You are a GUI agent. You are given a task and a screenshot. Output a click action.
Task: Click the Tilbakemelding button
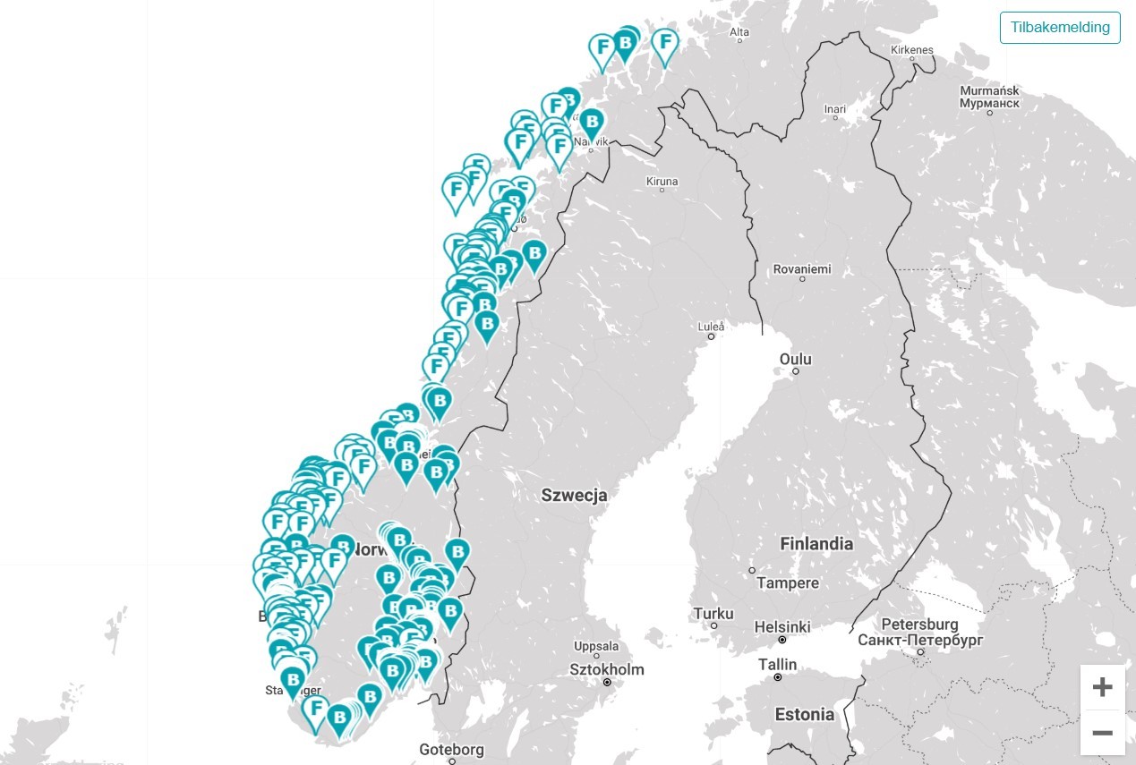1060,27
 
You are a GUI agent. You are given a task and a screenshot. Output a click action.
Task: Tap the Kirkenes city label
912,50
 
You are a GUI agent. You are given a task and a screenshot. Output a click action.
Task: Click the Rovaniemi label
802,268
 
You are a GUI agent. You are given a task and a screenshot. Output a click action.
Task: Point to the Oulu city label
795,359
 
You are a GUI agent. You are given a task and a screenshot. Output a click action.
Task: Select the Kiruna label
662,181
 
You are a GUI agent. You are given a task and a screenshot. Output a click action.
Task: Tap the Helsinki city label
782,627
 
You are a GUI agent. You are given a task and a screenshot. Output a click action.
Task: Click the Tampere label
787,582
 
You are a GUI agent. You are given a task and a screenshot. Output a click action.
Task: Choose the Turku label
713,614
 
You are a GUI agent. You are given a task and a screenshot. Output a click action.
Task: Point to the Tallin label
777,664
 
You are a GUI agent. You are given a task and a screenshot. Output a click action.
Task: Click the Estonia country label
804,714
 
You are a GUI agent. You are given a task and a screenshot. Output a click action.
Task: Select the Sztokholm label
606,669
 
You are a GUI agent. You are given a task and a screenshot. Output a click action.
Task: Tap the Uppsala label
595,646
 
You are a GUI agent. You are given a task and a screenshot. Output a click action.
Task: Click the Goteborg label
451,750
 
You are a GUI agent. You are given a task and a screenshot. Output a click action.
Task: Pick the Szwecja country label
574,495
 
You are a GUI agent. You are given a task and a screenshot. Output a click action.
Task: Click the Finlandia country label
816,543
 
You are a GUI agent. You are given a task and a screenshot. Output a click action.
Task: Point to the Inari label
834,109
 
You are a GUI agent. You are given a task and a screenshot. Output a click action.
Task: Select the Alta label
739,32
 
